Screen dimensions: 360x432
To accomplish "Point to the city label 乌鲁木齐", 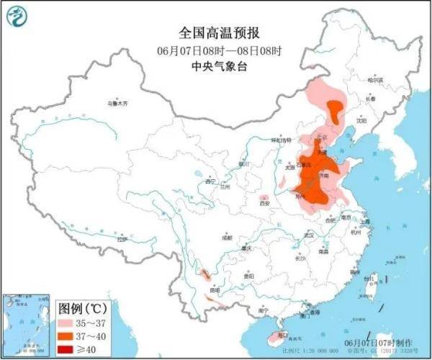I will (117, 104).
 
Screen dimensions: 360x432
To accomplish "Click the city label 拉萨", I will (121, 238).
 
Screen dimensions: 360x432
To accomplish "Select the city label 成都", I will (228, 236).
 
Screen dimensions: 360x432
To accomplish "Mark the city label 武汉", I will (310, 235).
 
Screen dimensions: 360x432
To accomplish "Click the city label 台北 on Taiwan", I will (372, 277).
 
